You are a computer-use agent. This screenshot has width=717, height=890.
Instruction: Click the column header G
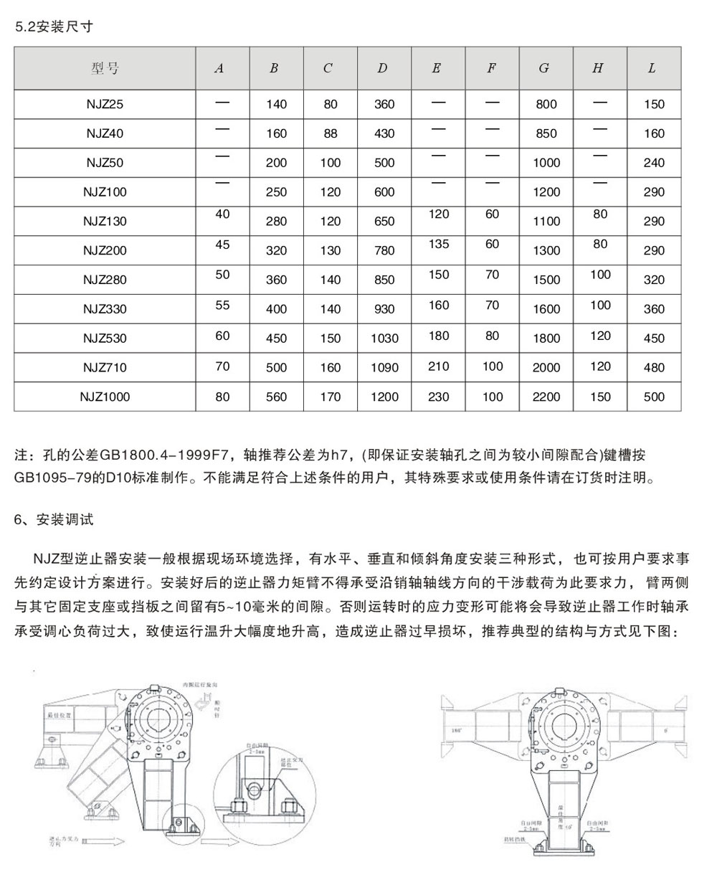coord(544,68)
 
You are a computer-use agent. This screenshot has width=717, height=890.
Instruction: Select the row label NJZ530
coord(105,338)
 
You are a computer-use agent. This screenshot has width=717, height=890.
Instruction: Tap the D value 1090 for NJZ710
coord(384,367)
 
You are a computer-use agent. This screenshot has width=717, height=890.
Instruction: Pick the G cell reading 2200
coord(546,397)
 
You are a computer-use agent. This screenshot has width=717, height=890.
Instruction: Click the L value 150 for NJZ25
coord(654,104)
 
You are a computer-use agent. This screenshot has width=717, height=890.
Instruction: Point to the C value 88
coord(330,133)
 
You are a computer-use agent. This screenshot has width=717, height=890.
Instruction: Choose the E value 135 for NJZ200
coord(438,245)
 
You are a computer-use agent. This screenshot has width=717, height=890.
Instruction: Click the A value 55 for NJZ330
coord(222,305)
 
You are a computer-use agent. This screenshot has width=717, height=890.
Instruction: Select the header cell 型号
coord(105,68)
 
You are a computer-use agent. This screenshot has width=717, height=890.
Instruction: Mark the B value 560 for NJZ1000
coord(276,397)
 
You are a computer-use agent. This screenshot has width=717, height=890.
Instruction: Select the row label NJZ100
coord(105,191)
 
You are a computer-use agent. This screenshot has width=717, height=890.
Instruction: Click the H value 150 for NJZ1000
coord(600,397)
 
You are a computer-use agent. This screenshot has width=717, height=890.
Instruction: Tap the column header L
coord(652,68)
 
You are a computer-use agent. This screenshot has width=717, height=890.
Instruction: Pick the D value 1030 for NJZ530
coord(384,338)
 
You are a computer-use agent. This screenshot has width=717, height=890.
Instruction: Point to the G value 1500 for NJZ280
coord(546,280)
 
